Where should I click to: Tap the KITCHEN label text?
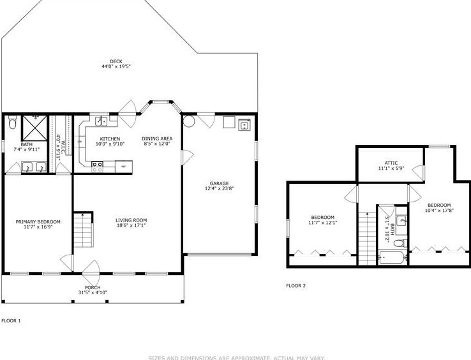[x=110, y=139]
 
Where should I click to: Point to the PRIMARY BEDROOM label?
[x=38, y=222]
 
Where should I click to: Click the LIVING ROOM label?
[x=132, y=220]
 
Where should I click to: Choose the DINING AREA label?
[x=156, y=139]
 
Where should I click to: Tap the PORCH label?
[x=93, y=287]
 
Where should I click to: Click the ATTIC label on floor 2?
[x=391, y=163]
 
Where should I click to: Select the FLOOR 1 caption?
[x=11, y=320]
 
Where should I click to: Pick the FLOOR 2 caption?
[x=296, y=285]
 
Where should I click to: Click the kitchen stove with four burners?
[x=98, y=166]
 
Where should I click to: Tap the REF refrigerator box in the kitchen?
[x=124, y=167]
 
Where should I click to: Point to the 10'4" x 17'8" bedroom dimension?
[x=439, y=210]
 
